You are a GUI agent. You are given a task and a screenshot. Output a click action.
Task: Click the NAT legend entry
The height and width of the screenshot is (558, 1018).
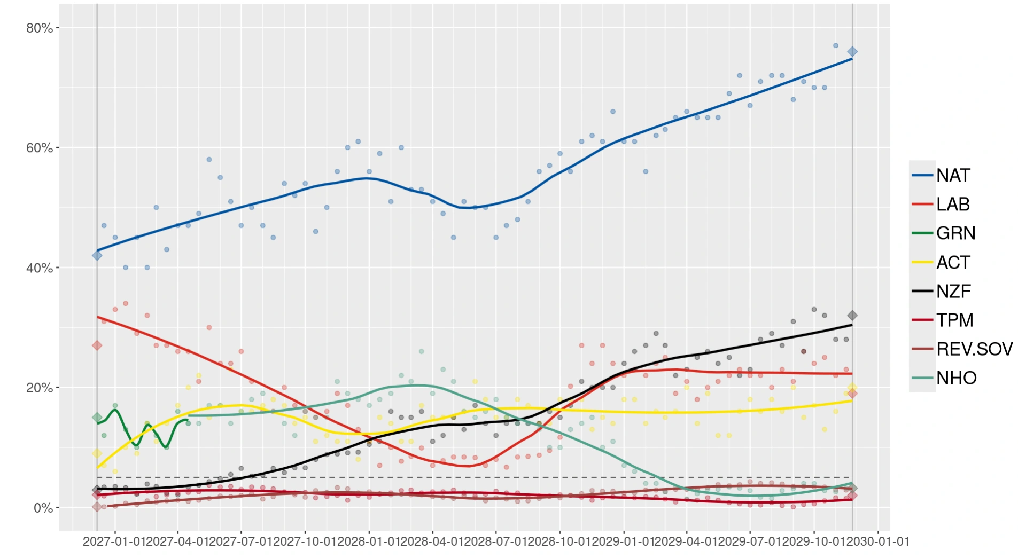tap(953, 175)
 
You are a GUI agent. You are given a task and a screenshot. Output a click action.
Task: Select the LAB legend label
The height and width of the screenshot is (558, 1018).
tap(953, 204)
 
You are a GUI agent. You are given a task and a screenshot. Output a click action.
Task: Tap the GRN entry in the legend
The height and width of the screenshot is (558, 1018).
tap(955, 233)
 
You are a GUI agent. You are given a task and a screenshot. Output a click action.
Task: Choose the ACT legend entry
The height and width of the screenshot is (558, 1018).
tap(953, 262)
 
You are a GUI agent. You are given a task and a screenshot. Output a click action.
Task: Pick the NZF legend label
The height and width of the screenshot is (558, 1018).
tap(953, 291)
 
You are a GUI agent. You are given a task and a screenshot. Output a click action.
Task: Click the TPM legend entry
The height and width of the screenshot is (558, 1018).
tap(954, 320)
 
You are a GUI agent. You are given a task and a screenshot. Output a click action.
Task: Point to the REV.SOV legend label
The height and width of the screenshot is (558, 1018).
tap(974, 349)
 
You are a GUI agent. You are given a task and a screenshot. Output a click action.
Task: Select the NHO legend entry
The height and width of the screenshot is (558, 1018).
tap(956, 378)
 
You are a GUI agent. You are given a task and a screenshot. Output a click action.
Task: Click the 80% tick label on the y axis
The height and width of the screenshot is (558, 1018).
tap(40, 28)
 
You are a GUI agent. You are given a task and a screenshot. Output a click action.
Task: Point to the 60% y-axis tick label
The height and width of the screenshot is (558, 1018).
tap(40, 148)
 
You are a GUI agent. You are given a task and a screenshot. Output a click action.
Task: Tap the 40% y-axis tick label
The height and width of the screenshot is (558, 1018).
tap(40, 268)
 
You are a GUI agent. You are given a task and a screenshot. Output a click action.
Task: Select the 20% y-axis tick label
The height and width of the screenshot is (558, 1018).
tap(40, 388)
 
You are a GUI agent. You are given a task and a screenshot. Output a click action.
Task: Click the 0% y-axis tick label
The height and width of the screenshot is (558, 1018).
tap(43, 508)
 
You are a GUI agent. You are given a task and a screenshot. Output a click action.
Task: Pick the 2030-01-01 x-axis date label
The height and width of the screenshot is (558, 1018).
tap(877, 541)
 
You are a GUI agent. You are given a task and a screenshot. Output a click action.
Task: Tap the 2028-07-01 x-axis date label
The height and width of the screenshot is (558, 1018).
tap(496, 541)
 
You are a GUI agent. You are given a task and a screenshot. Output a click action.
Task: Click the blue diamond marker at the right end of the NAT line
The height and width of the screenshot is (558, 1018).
tap(852, 52)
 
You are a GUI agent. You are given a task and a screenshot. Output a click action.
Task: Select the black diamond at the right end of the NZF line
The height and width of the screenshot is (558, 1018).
tap(852, 316)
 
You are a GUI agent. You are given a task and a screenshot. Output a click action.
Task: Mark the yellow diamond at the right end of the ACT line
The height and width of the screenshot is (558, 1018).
tap(852, 387)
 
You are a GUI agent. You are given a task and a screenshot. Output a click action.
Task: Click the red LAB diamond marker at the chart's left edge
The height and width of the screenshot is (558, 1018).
tap(97, 345)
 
